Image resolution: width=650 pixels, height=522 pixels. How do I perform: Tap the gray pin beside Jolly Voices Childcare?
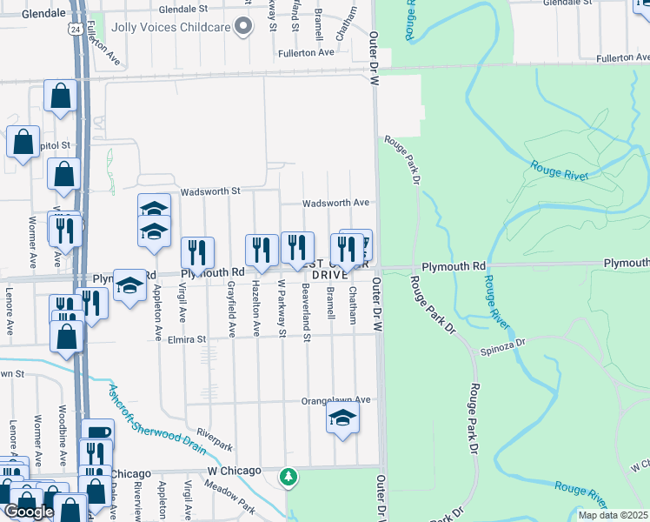245,26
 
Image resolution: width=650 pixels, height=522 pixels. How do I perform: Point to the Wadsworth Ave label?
336,204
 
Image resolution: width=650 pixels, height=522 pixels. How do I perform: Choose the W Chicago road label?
235,471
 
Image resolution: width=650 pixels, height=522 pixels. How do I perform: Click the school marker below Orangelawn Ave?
343,418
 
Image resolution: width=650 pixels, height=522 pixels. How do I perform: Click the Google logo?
30,512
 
